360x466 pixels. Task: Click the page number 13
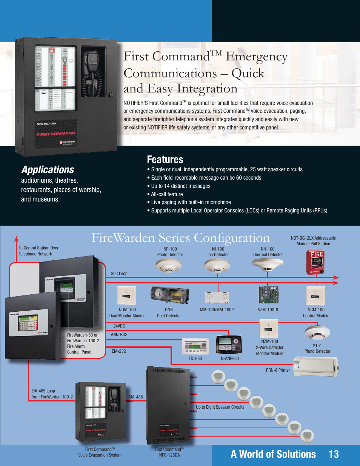[x=334, y=454]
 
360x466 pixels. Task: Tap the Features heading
[x=165, y=160]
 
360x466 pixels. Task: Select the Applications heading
[x=48, y=170]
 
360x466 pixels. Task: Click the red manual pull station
[x=315, y=262]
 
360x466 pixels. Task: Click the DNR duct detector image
[x=169, y=295]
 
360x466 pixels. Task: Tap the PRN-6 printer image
[x=316, y=366]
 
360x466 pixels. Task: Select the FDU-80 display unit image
[x=195, y=346]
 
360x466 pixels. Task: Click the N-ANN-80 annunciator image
[x=229, y=344]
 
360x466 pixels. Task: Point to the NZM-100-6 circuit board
[x=268, y=295]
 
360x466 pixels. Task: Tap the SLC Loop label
[x=119, y=274]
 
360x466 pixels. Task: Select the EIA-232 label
[x=118, y=351]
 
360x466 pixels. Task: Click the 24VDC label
[x=119, y=326]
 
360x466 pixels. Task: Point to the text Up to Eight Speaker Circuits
[x=220, y=407]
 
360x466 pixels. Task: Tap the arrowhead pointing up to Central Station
[x=16, y=239]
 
